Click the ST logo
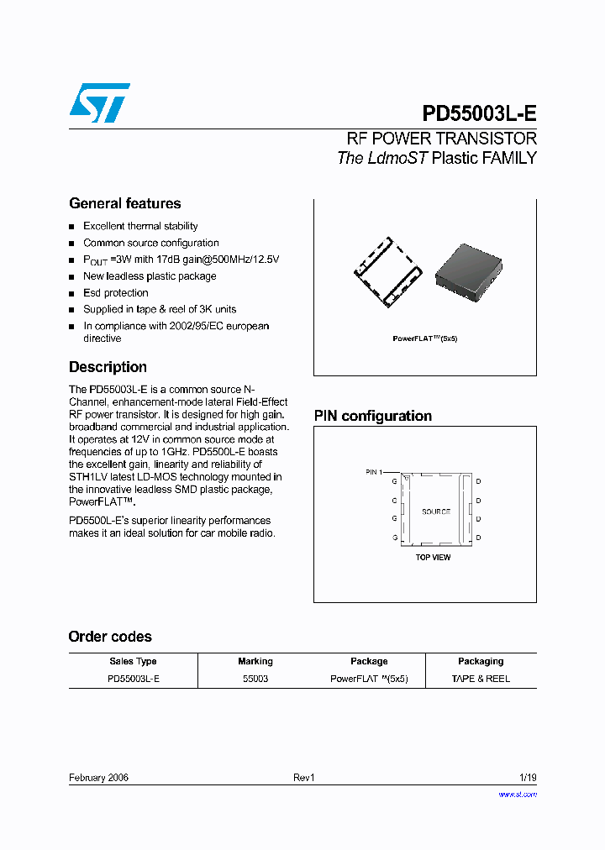click(x=99, y=103)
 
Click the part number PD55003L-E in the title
click(x=479, y=114)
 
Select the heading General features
click(x=124, y=203)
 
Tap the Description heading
click(x=108, y=367)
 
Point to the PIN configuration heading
click(x=372, y=416)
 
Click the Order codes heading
click(x=110, y=637)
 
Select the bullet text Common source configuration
click(x=150, y=243)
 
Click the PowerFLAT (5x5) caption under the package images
click(x=424, y=338)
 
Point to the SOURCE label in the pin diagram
click(x=435, y=512)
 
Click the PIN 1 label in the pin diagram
click(x=374, y=472)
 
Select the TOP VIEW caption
click(x=433, y=558)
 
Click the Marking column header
click(x=255, y=661)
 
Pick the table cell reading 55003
click(x=255, y=679)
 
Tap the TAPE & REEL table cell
click(x=480, y=679)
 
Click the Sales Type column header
click(x=133, y=661)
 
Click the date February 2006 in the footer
click(x=98, y=778)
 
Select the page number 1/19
click(x=527, y=778)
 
